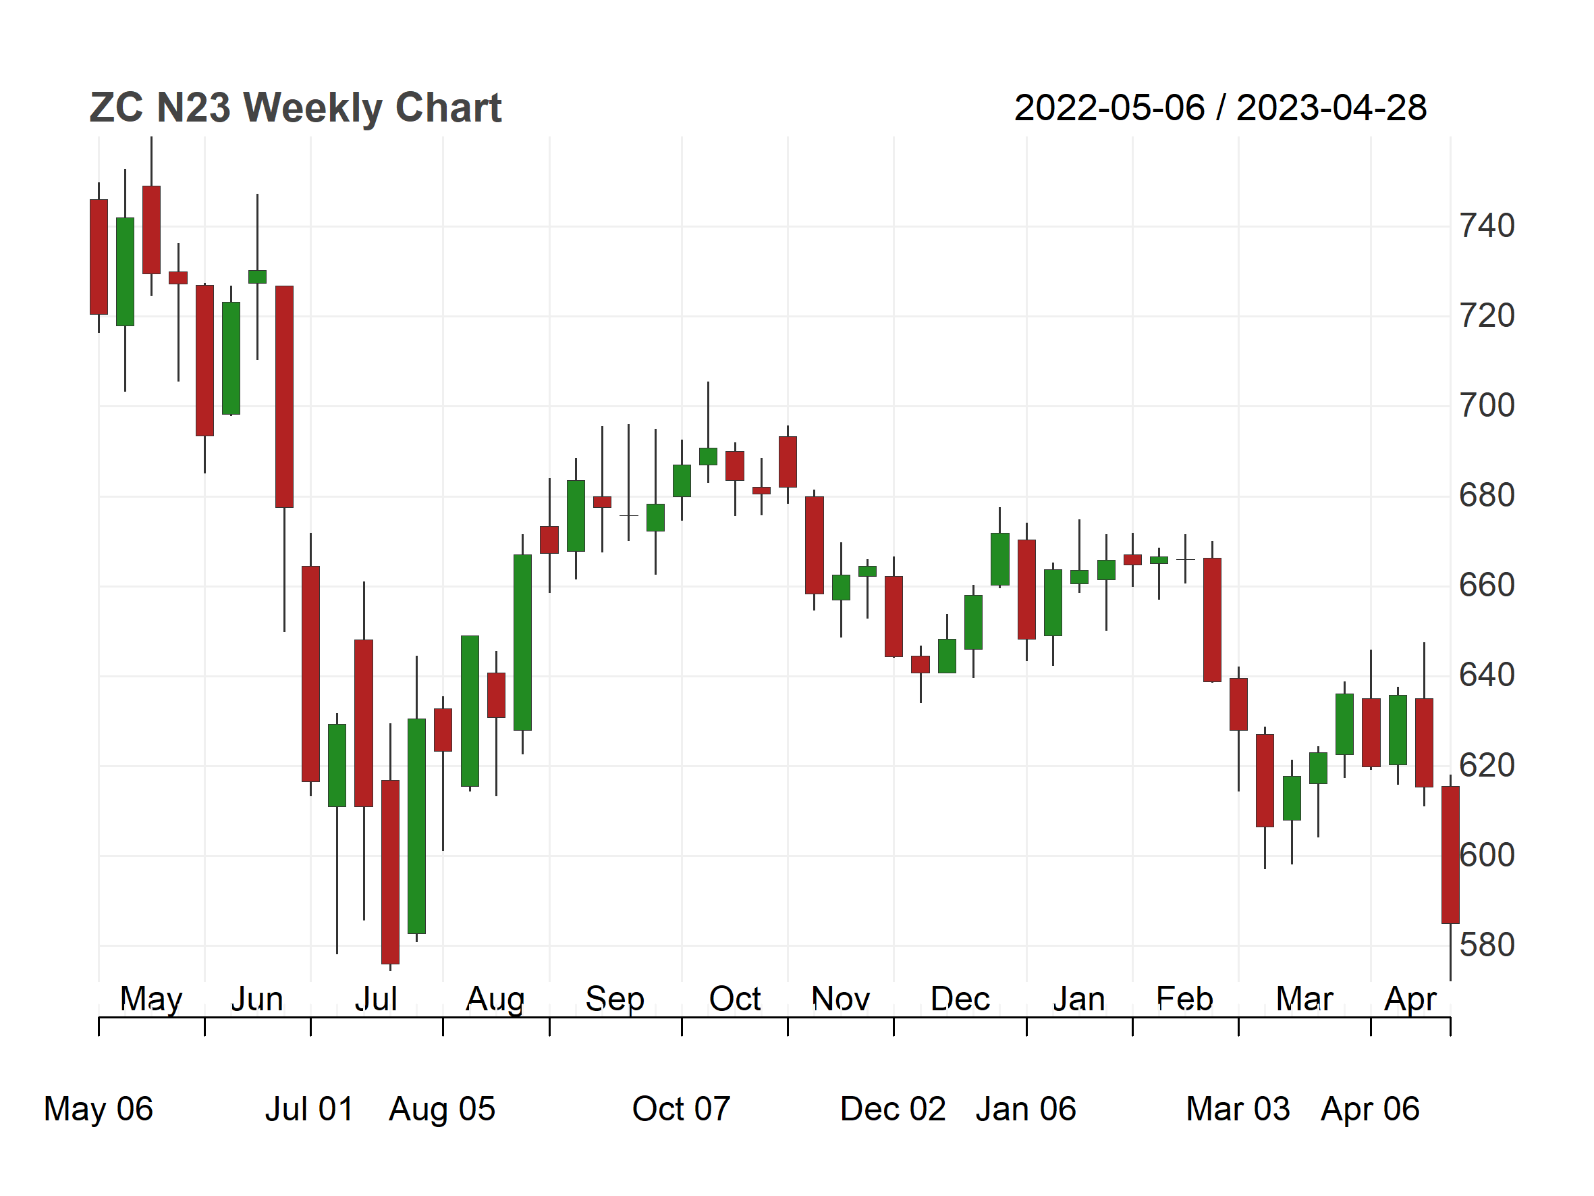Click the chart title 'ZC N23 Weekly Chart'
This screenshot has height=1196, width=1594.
coord(296,109)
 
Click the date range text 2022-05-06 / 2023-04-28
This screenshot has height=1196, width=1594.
coord(1220,108)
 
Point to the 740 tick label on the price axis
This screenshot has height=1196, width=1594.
coord(1487,226)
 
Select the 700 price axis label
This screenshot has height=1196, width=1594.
coord(1487,406)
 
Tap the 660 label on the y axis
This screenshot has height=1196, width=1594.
coord(1487,586)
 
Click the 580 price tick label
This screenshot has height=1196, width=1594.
coord(1487,945)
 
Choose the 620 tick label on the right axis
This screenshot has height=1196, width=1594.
coord(1487,766)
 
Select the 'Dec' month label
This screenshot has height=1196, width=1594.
coord(960,999)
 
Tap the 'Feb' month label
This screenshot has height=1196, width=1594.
coord(1184,999)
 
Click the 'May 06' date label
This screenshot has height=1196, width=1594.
coord(99,1110)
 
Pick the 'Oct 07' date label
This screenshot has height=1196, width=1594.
coord(681,1109)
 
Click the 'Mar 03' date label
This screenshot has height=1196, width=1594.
coord(1238,1109)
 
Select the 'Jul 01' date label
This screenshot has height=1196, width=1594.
coord(309,1109)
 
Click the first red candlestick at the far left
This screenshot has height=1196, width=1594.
coord(99,257)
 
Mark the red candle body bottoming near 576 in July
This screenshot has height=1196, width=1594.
coord(390,873)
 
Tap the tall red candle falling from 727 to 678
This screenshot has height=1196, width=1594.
coord(284,397)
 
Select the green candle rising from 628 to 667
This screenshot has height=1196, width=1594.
coord(522,643)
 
